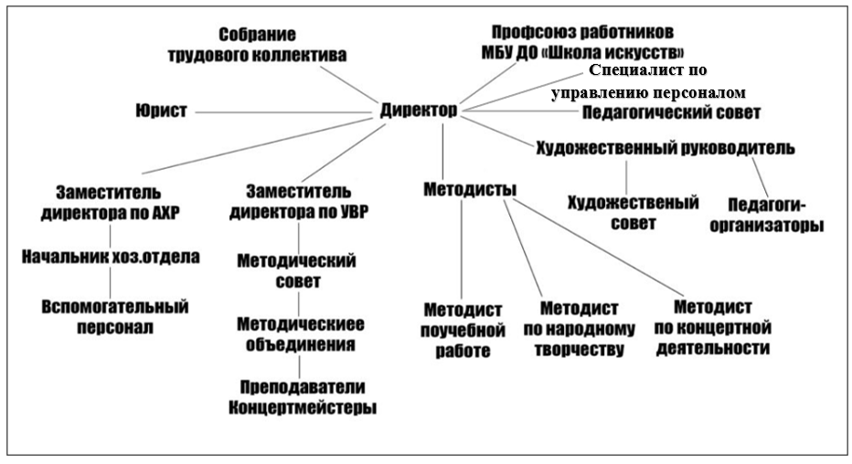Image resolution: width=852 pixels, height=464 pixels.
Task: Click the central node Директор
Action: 419,111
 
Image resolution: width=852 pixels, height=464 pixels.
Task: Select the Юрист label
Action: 161,111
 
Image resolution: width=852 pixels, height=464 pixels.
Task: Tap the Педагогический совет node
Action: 671,113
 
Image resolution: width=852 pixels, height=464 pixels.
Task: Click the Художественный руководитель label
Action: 666,148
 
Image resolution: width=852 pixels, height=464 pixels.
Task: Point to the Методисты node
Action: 470,189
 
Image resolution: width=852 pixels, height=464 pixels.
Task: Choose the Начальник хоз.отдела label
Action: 111,257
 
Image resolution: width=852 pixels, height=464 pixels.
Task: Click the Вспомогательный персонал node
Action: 114,317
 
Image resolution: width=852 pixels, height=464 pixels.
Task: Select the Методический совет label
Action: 297,270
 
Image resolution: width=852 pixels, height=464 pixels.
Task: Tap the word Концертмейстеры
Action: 302,407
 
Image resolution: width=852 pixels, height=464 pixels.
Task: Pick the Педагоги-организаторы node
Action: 766,216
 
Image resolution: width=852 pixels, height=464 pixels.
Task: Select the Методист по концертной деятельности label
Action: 712,328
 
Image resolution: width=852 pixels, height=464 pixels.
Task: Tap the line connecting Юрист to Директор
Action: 282,113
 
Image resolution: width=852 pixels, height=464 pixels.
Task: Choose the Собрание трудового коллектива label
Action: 257,45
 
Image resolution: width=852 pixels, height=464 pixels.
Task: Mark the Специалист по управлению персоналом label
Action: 648,81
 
